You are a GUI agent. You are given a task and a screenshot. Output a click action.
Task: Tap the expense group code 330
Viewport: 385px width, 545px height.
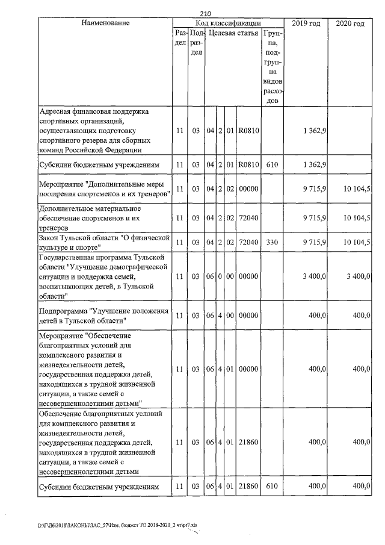(273, 241)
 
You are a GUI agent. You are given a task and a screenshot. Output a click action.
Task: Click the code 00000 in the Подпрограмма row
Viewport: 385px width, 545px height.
(248, 315)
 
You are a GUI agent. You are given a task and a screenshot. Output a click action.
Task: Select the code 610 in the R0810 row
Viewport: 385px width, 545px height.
(273, 164)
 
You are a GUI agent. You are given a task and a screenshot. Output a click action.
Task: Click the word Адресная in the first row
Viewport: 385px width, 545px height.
(57, 111)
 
